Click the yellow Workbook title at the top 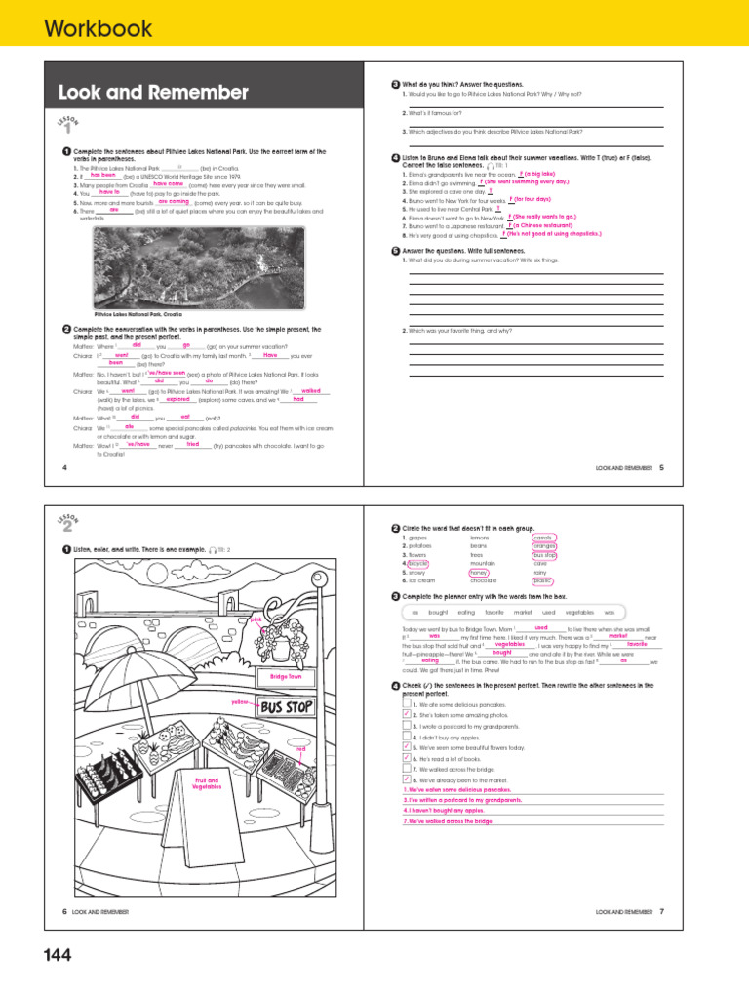98,28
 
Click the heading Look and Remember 153,93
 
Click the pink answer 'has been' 116,175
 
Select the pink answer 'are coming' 174,201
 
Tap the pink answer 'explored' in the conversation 178,399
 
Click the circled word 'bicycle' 417,563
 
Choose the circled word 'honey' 478,572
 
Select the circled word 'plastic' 543,580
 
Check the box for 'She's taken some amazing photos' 407,715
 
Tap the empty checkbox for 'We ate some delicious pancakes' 407,703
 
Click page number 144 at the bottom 58,956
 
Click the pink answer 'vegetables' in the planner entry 509,644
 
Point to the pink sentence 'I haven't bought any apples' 444,810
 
